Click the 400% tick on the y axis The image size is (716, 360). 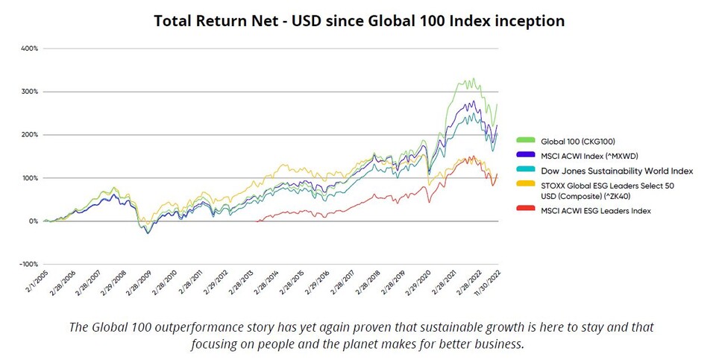point(30,48)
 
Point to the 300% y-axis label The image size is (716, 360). point(30,92)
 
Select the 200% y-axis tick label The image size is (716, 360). point(30,135)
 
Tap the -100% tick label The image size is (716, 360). point(28,264)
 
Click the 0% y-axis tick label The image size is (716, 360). point(33,221)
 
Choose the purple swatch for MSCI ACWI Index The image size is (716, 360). point(529,154)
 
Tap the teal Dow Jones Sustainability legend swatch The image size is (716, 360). point(529,171)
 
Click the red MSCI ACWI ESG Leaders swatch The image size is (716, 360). point(529,211)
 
